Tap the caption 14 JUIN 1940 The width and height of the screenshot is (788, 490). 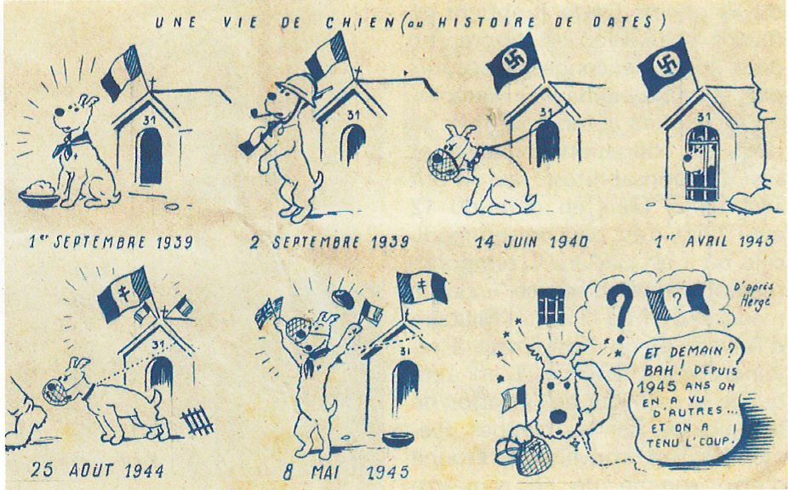point(532,242)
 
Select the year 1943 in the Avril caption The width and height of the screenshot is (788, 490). point(756,242)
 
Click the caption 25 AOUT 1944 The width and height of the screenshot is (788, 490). point(97,470)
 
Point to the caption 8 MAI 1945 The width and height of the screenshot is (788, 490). point(345,472)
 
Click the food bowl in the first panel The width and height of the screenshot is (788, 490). point(39,195)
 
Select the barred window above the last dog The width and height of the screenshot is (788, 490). point(551,306)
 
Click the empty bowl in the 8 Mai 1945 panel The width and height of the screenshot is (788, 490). point(398,439)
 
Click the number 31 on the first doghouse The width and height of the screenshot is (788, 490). point(149,120)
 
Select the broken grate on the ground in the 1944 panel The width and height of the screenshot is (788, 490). point(197,420)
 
